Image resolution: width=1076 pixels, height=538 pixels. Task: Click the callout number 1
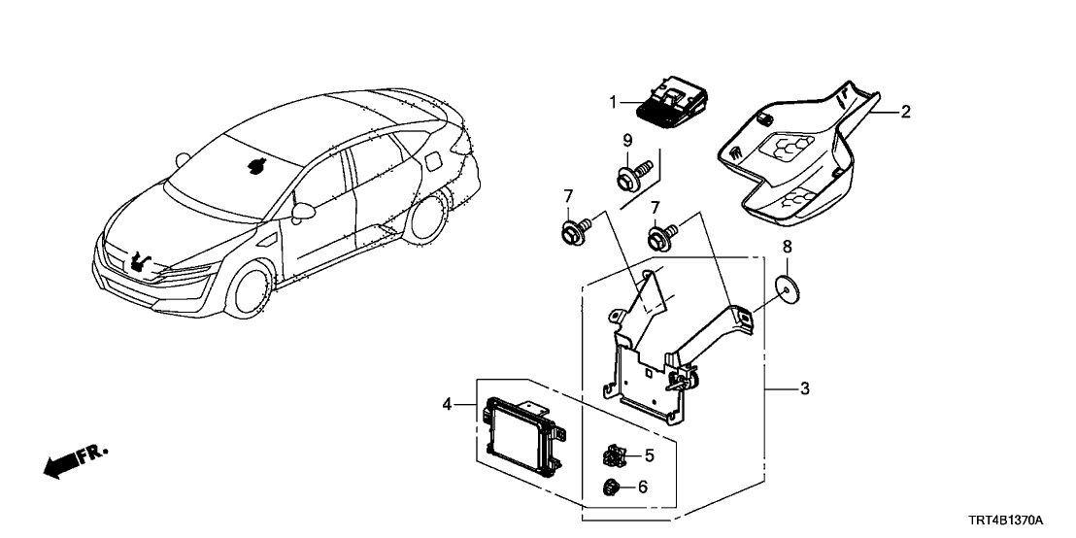614,101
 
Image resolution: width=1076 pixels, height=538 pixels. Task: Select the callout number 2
905,112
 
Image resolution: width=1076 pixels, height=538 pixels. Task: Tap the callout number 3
804,389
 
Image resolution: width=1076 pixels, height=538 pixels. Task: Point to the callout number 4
448,404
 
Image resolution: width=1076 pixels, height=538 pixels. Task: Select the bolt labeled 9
625,178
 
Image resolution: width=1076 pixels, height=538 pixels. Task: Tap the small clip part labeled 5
615,454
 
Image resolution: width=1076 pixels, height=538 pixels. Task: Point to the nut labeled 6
612,488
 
